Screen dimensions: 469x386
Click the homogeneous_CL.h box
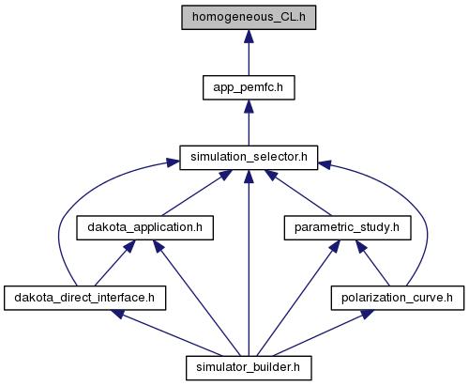click(249, 18)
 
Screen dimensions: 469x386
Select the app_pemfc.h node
click(249, 87)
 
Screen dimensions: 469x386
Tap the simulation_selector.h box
click(249, 158)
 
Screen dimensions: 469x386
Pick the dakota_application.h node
click(145, 228)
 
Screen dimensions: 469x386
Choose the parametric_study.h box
click(347, 228)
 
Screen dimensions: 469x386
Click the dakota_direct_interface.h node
click(84, 298)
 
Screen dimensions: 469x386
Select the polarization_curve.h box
click(398, 298)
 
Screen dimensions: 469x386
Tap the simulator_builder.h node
click(249, 368)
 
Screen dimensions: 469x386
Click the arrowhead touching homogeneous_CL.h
click(249, 36)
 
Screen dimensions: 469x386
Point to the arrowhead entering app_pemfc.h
click(249, 106)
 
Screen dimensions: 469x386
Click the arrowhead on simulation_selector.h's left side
click(173, 162)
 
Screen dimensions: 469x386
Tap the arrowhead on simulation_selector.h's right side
click(325, 164)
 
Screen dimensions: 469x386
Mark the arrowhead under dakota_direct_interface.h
click(118, 314)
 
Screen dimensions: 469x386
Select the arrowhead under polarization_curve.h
click(367, 314)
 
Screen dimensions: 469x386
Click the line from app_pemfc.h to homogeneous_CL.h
click(249, 59)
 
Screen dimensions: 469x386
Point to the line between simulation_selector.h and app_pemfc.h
click(249, 129)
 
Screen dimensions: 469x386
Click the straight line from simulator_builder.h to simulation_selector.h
click(249, 270)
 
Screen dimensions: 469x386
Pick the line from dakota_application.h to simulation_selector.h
click(191, 196)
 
